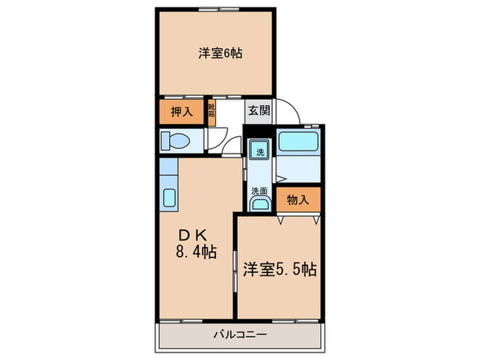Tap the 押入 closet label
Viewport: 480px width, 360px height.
click(x=181, y=111)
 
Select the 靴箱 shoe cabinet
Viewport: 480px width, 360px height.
click(x=213, y=112)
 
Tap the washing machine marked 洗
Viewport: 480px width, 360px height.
click(x=260, y=152)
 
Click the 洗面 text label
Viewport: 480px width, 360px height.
click(x=259, y=190)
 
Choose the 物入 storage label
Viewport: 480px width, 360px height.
click(x=298, y=200)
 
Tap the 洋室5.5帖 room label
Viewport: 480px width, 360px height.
click(x=279, y=269)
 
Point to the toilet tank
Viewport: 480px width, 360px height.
click(x=165, y=141)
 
